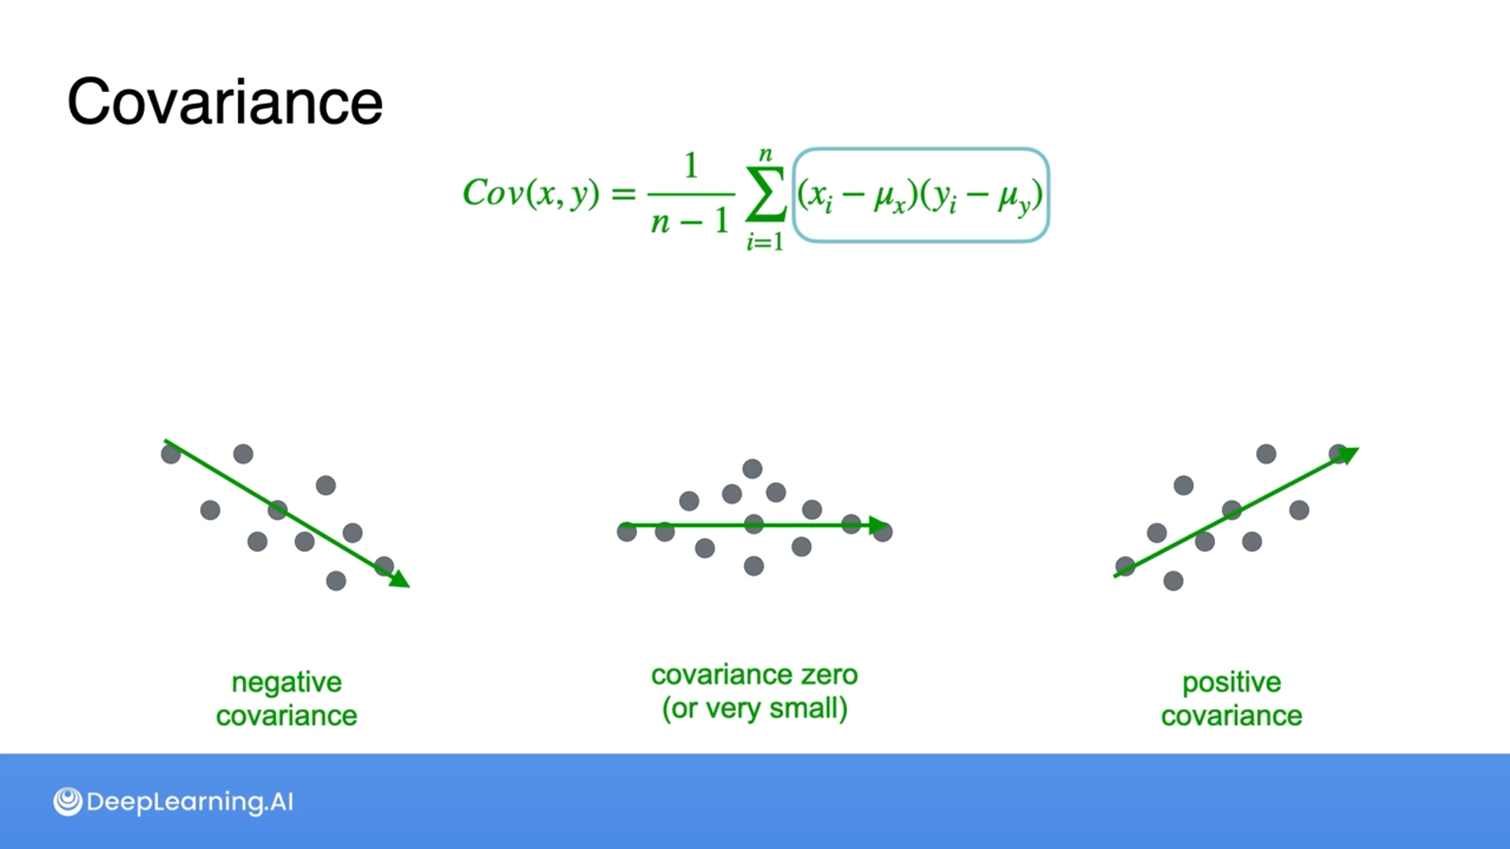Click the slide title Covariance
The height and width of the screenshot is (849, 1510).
[x=225, y=102]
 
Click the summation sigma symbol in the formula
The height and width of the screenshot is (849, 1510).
[x=765, y=195]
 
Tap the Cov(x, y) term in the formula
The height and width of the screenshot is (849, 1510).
[x=531, y=193]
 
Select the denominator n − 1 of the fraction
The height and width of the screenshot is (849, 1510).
[x=690, y=222]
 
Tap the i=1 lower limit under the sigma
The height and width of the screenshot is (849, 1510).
[x=764, y=241]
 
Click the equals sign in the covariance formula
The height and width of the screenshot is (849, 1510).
[x=624, y=193]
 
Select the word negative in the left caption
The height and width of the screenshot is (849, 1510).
[x=286, y=682]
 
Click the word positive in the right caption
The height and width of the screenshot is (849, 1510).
[x=1231, y=682]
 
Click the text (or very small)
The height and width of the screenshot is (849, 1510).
[x=754, y=708]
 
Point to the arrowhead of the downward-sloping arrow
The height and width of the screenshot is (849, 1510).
[x=400, y=580]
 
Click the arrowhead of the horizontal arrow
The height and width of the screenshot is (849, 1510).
[x=878, y=525]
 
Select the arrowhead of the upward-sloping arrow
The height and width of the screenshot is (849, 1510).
[x=1349, y=454]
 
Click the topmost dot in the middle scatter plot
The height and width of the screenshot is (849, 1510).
[x=753, y=469]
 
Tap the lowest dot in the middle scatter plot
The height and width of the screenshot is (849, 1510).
[x=753, y=566]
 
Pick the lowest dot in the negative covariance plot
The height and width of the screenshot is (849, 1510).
[x=336, y=581]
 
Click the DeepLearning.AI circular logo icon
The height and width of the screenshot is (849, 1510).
[x=68, y=802]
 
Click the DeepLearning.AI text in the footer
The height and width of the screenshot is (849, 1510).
[x=190, y=802]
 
